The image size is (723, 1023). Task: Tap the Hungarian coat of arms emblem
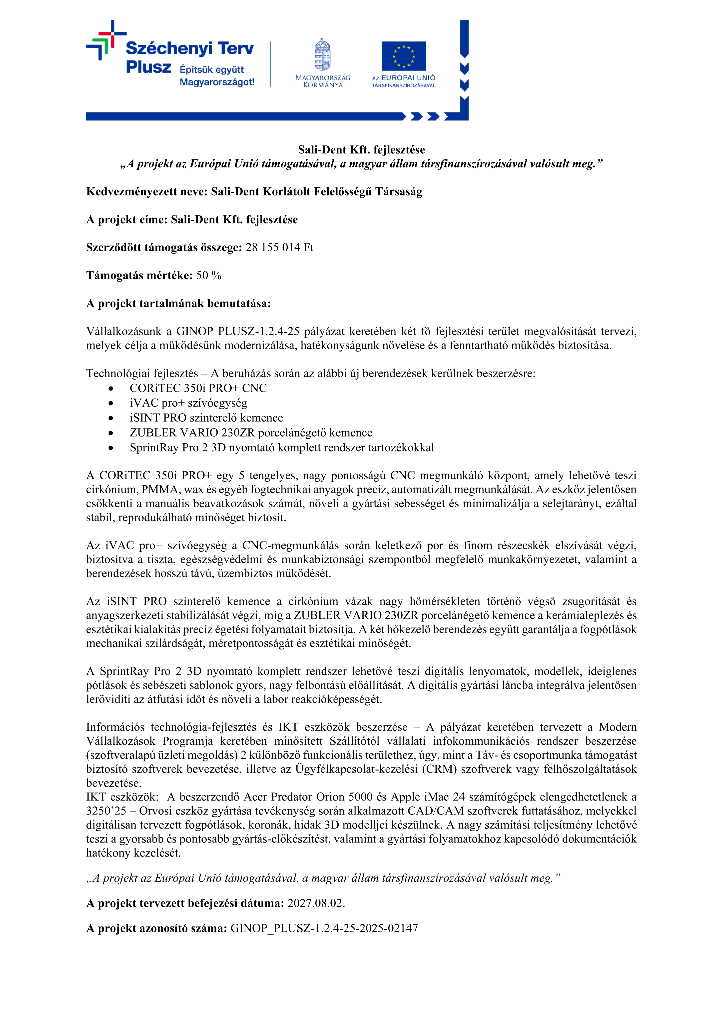click(x=323, y=55)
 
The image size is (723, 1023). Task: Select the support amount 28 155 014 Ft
click(x=279, y=248)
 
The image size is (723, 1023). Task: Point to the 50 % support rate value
click(x=208, y=276)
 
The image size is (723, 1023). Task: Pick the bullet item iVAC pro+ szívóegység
click(x=188, y=403)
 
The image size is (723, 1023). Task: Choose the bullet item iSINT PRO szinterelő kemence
click(x=206, y=418)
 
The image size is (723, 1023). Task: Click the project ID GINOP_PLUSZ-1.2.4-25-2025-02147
click(x=324, y=928)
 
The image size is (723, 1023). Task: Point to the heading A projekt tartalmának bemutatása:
click(x=178, y=304)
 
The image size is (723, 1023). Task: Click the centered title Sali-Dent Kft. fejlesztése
click(x=361, y=150)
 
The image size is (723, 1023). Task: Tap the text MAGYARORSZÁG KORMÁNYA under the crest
click(x=323, y=81)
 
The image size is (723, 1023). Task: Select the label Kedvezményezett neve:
click(x=147, y=192)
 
